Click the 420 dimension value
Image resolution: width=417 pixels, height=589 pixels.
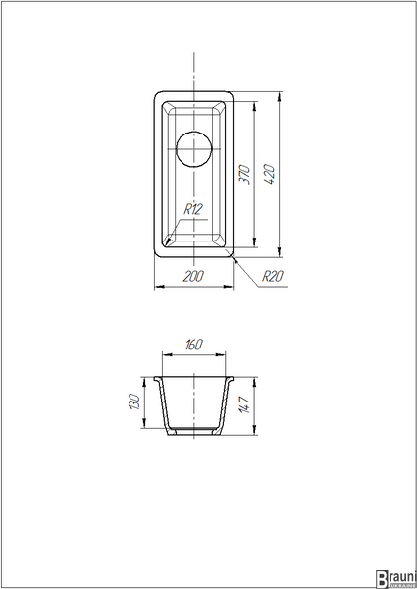(270, 174)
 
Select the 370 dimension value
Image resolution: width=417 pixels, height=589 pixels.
(244, 174)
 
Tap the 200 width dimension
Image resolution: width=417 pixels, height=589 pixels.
(193, 276)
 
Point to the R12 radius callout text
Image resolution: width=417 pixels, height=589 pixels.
(193, 209)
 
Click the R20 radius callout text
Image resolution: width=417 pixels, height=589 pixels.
(273, 276)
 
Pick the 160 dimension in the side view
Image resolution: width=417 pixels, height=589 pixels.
(194, 345)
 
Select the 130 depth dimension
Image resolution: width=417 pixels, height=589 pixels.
(134, 402)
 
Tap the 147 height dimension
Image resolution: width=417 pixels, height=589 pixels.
(244, 404)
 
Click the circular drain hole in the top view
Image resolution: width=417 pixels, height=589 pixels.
(194, 149)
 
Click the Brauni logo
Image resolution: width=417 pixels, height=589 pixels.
(396, 579)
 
